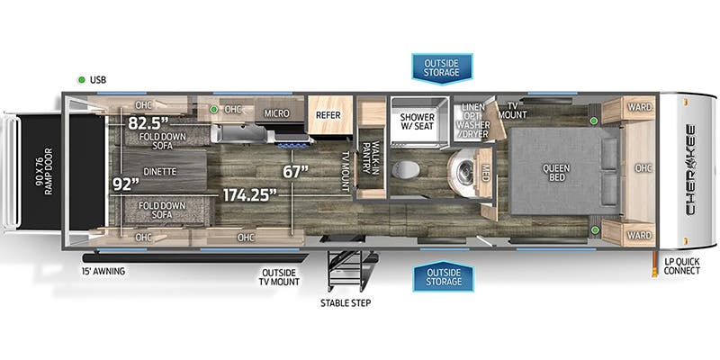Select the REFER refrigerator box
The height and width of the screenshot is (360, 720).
(x=325, y=114)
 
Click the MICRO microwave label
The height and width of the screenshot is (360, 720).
(x=275, y=114)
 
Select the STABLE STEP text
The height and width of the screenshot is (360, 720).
(x=345, y=302)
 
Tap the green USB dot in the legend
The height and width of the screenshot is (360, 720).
(x=82, y=79)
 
